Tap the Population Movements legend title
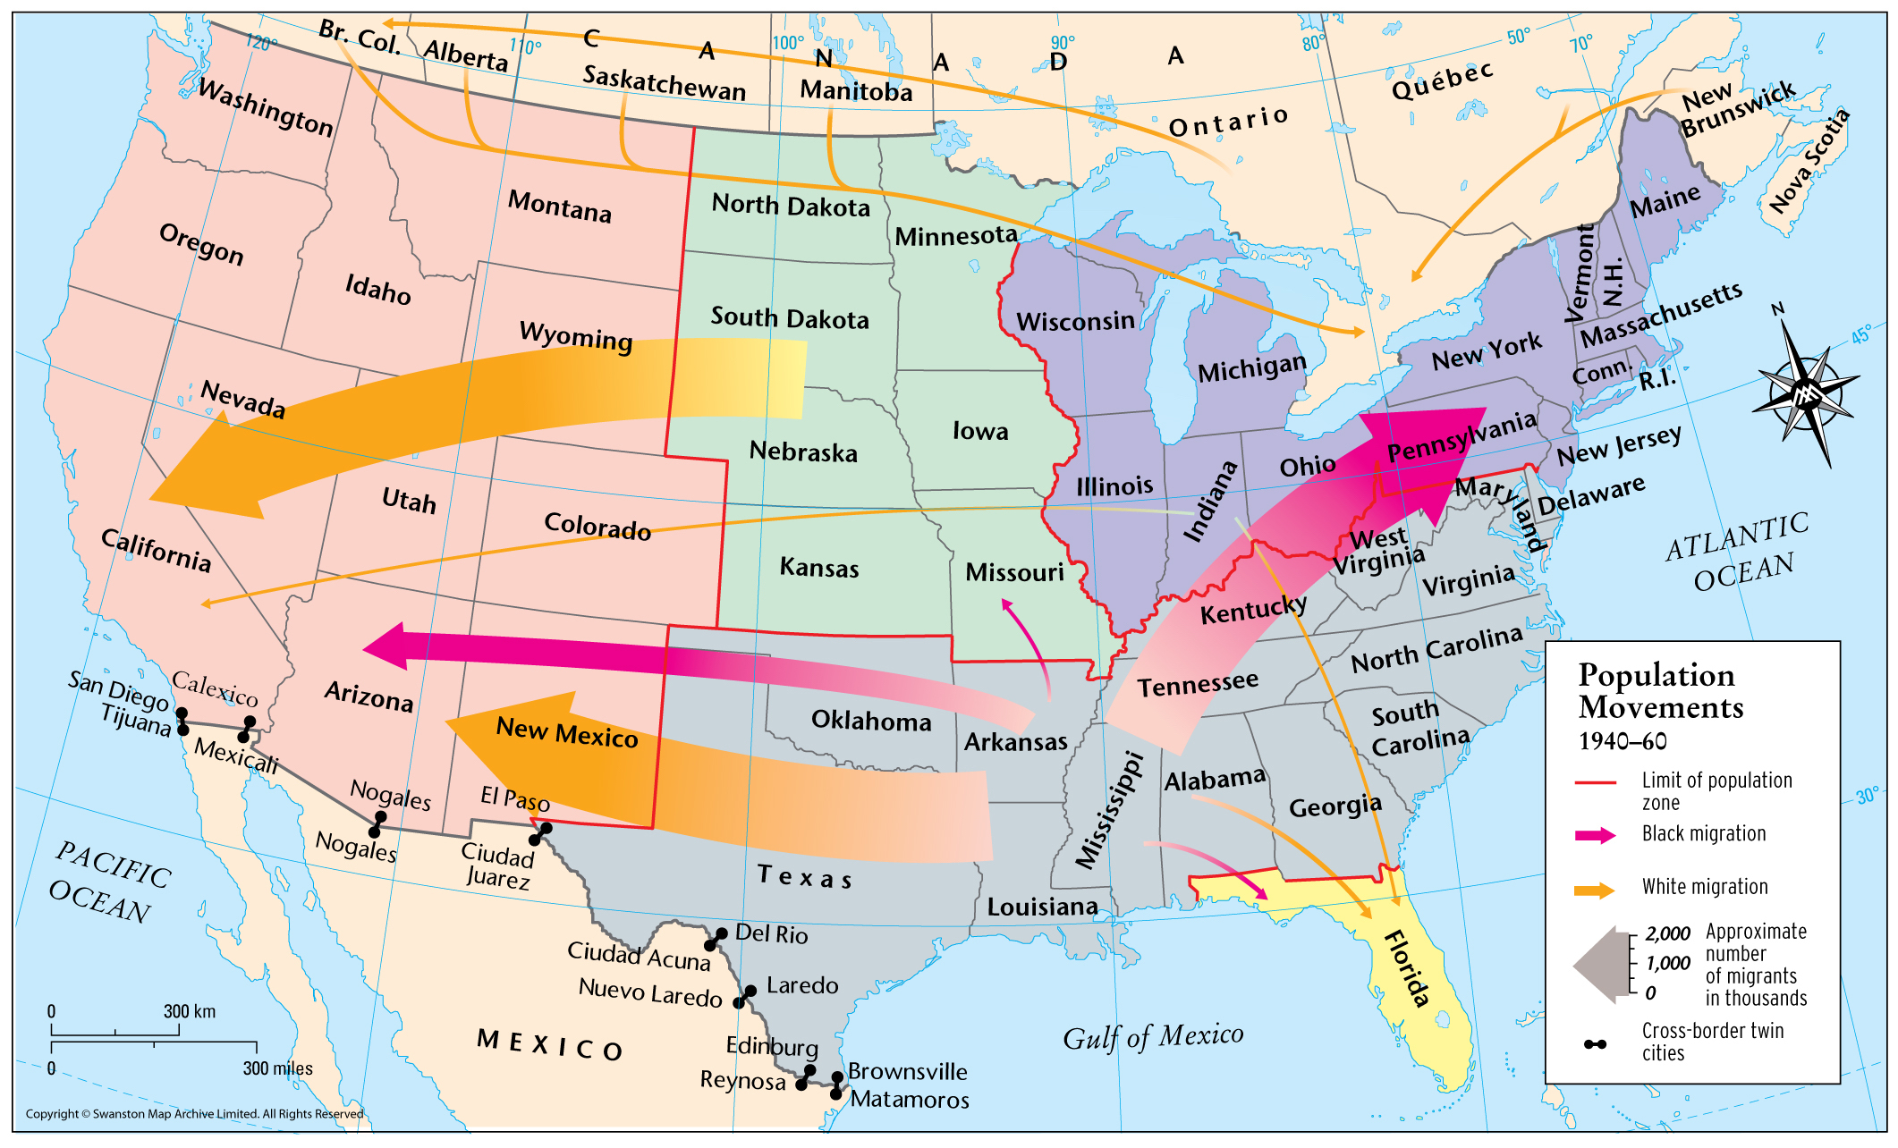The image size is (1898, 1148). coord(1659,690)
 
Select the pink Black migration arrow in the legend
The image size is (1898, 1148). coord(1595,835)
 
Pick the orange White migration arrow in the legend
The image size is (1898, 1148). coord(1595,890)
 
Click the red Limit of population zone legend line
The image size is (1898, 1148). coord(1595,782)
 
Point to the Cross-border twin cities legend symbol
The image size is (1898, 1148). coord(1595,1043)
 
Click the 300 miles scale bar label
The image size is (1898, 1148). coord(277,1068)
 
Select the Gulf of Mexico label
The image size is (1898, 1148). coord(1152,1037)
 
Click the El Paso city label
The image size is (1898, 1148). coord(514,798)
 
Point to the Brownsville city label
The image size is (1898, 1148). coord(907,1071)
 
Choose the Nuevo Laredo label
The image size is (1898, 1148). coord(650,993)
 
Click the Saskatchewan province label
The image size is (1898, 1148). coord(664,83)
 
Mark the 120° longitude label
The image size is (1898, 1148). coord(261,43)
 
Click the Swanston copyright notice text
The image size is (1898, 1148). coord(194,1113)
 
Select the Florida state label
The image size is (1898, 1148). coord(1407,968)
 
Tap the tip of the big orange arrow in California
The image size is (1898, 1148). coord(154,498)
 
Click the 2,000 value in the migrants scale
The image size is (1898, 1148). coord(1668,934)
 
